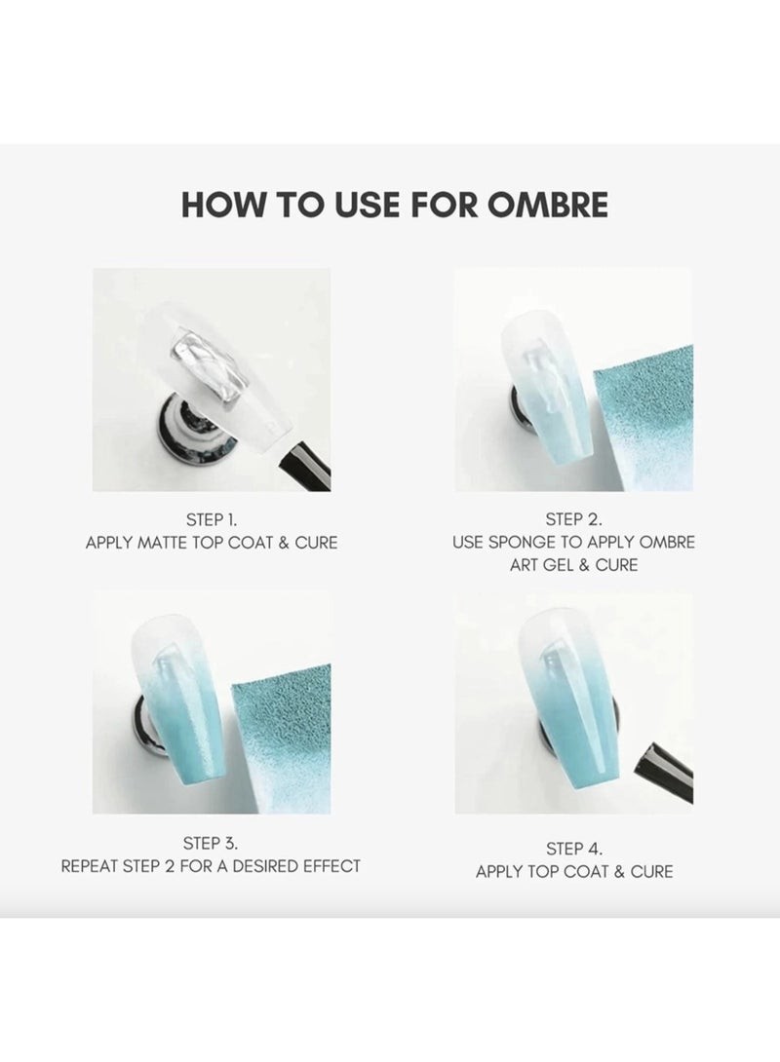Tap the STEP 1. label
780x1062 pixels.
click(212, 520)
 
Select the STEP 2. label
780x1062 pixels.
click(573, 519)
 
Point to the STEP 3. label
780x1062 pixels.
click(211, 843)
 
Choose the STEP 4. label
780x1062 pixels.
click(574, 849)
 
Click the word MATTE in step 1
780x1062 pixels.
click(162, 544)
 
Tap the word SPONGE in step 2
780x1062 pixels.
click(524, 543)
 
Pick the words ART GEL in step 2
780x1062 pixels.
click(541, 565)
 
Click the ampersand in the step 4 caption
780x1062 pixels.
click(619, 872)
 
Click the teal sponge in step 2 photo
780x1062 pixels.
click(643, 414)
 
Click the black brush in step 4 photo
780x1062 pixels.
click(664, 771)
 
